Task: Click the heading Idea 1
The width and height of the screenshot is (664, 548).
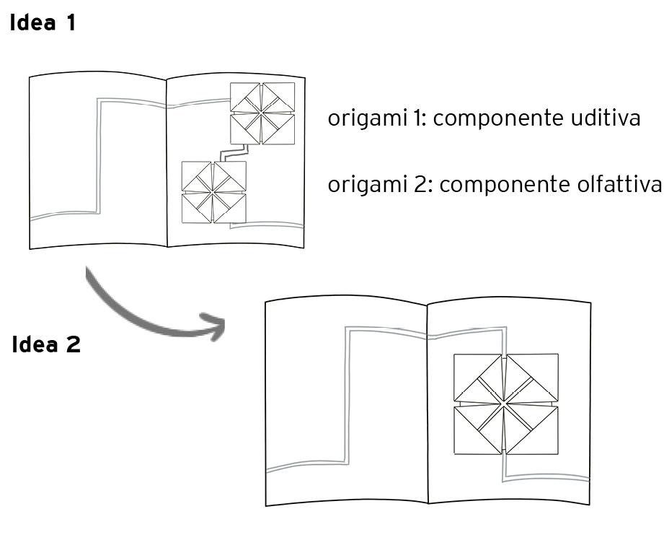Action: click(x=43, y=23)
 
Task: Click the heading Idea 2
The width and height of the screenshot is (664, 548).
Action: click(x=46, y=344)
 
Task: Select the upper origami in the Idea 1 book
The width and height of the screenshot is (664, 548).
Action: click(x=262, y=113)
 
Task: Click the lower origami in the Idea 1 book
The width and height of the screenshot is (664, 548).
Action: click(x=214, y=192)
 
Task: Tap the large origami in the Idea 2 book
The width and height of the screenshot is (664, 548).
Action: click(x=506, y=404)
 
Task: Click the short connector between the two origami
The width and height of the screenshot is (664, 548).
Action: click(x=235, y=152)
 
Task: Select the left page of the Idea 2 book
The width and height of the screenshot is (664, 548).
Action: click(x=346, y=404)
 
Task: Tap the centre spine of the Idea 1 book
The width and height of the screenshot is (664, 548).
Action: click(x=167, y=162)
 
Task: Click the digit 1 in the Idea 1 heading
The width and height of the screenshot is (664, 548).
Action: click(x=70, y=23)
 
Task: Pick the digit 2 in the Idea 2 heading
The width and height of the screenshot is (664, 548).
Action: click(x=73, y=344)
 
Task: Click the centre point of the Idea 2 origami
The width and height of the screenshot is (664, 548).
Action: click(x=506, y=404)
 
